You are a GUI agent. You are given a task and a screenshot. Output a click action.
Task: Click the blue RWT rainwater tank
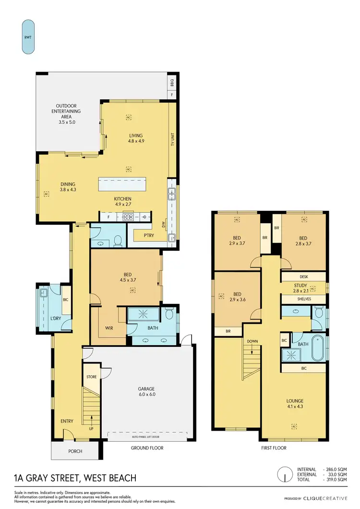28,36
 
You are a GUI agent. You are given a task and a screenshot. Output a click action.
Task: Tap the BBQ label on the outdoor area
172,83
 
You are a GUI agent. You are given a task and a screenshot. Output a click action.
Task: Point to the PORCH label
75,451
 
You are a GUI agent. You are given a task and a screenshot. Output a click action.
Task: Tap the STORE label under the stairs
91,377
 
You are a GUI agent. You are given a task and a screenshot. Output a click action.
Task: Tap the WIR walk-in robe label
109,329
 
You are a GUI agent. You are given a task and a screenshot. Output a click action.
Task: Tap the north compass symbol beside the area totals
286,475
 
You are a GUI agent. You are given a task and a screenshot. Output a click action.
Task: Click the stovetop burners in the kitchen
128,217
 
